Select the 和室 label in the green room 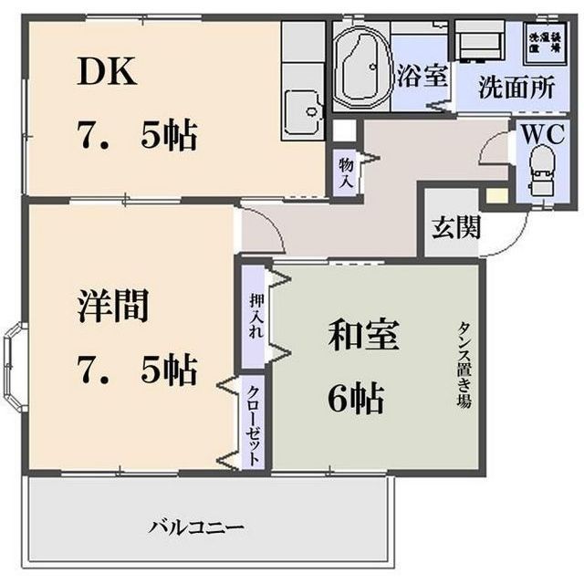pyautogui.click(x=362, y=337)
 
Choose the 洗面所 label pyautogui.click(x=518, y=88)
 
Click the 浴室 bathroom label pyautogui.click(x=422, y=77)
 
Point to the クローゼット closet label pyautogui.click(x=254, y=422)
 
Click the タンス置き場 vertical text pyautogui.click(x=464, y=365)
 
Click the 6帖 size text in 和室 pyautogui.click(x=356, y=397)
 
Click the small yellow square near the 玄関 pyautogui.click(x=495, y=194)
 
